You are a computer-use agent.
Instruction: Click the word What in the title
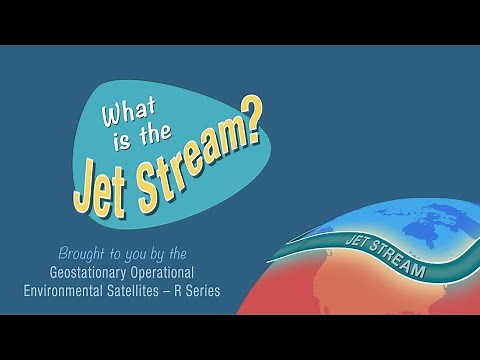(x=118, y=120)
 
